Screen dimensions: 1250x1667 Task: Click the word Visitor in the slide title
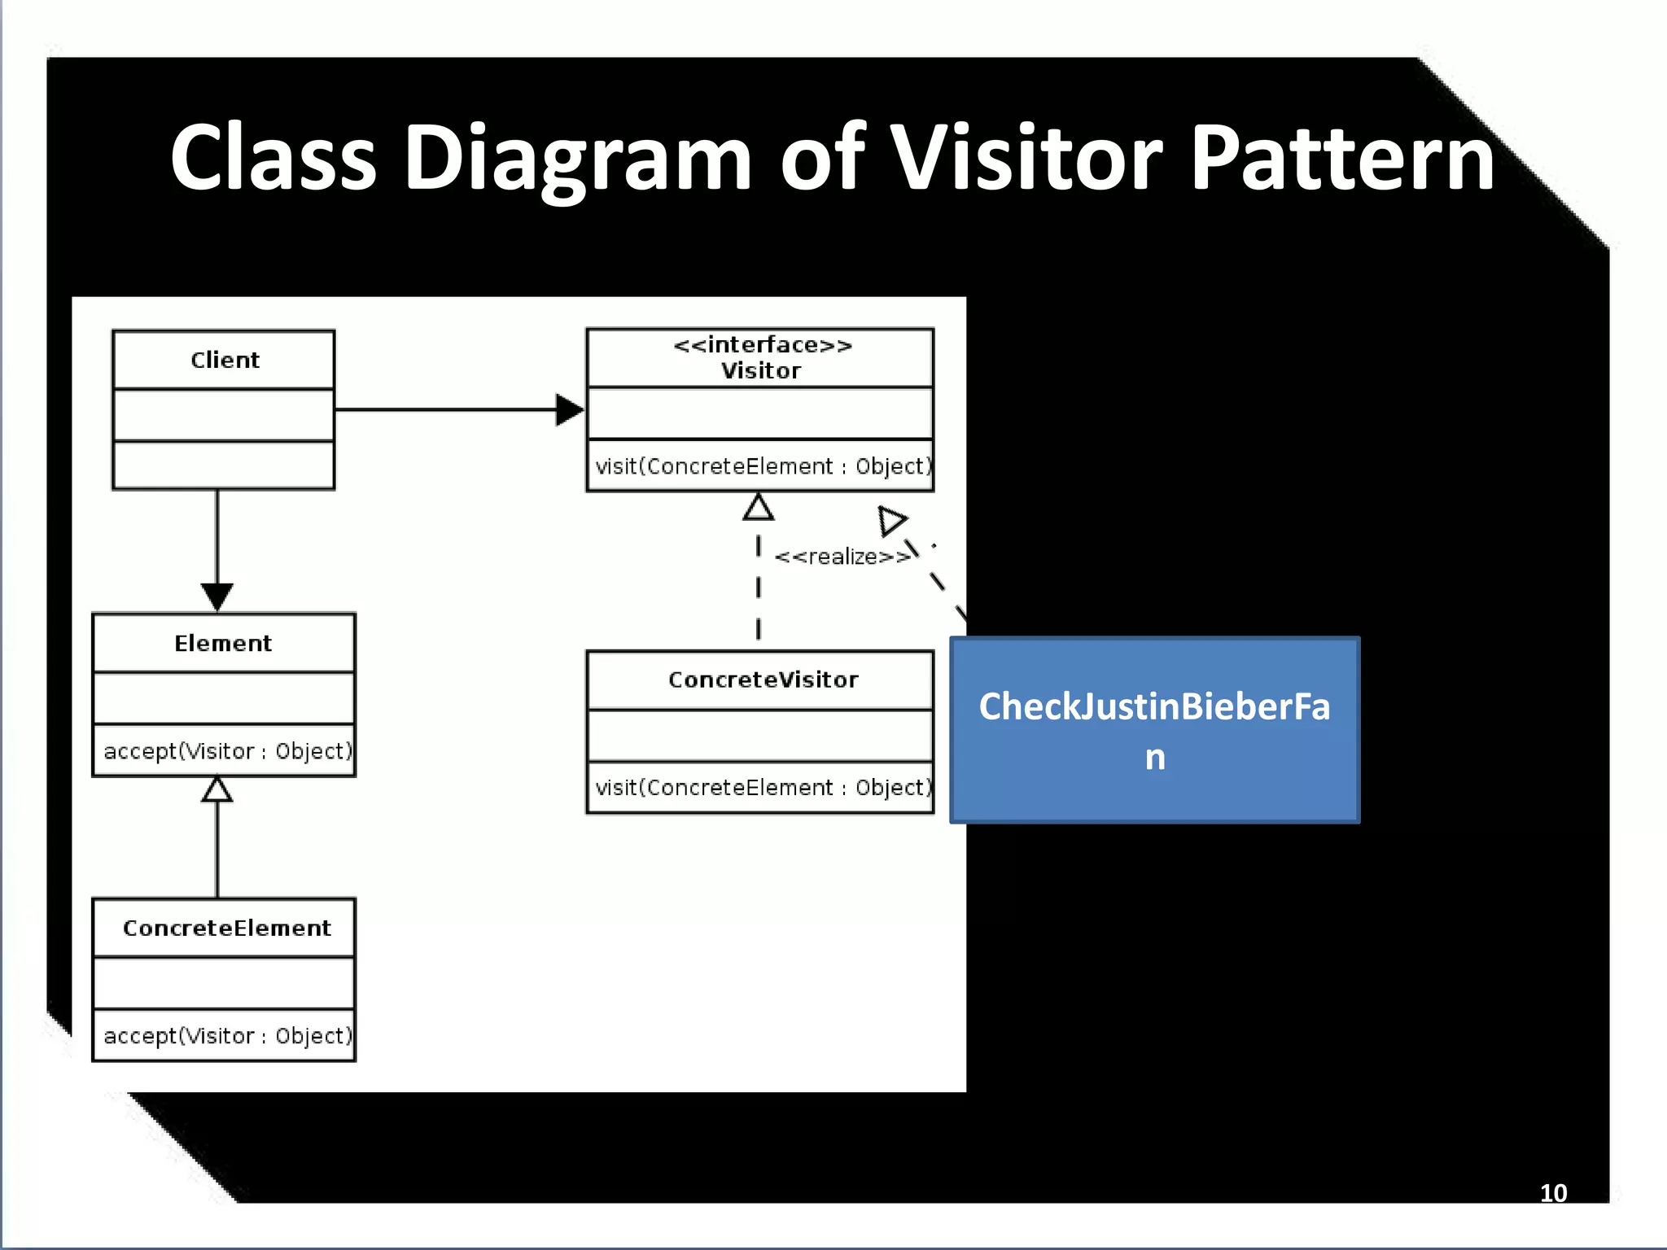pyautogui.click(x=1026, y=159)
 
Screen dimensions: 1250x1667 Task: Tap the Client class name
pyautogui.click(x=225, y=360)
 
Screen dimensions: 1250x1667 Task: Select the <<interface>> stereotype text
pyautogui.click(x=762, y=345)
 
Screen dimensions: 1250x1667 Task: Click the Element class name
pyautogui.click(x=223, y=643)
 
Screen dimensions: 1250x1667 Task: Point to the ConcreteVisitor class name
pyautogui.click(x=763, y=680)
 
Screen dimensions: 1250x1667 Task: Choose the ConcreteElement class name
pyautogui.click(x=226, y=928)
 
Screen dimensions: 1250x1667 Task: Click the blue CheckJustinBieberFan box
pyautogui.click(x=1154, y=730)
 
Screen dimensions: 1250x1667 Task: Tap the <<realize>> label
pyautogui.click(x=842, y=557)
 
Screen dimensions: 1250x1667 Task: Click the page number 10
pyautogui.click(x=1553, y=1193)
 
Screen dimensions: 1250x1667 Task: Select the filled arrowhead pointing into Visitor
pyautogui.click(x=569, y=409)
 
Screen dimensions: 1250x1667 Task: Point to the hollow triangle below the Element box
pyautogui.click(x=217, y=790)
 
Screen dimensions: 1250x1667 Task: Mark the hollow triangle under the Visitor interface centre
pyautogui.click(x=759, y=508)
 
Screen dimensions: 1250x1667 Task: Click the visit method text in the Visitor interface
pyautogui.click(x=762, y=466)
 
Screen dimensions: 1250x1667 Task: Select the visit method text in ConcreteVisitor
pyautogui.click(x=762, y=788)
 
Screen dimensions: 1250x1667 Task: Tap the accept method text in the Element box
pyautogui.click(x=227, y=751)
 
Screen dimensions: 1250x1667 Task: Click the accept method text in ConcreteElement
pyautogui.click(x=227, y=1036)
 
